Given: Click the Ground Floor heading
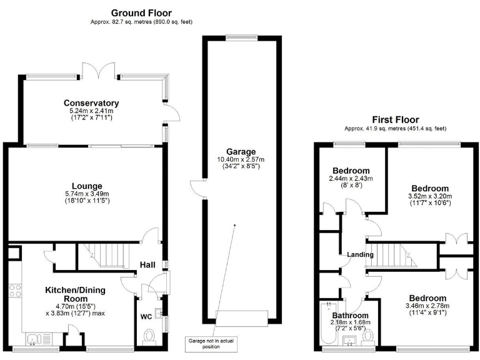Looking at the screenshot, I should point(141,12).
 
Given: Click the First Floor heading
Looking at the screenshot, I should point(395,119).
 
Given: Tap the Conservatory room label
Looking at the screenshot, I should point(91,103).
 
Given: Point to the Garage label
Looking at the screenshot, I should point(234,151).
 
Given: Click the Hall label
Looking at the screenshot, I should point(147,266).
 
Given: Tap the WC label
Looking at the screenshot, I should point(146,317).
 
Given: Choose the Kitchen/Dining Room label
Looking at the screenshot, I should point(75,294).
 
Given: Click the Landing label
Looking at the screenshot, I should point(361,255).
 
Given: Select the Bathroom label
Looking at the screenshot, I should point(350,315).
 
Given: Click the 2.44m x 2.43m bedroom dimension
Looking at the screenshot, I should point(351,178).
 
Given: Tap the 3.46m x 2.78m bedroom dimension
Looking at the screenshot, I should point(428,306).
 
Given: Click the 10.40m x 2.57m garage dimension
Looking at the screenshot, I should point(234,159).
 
